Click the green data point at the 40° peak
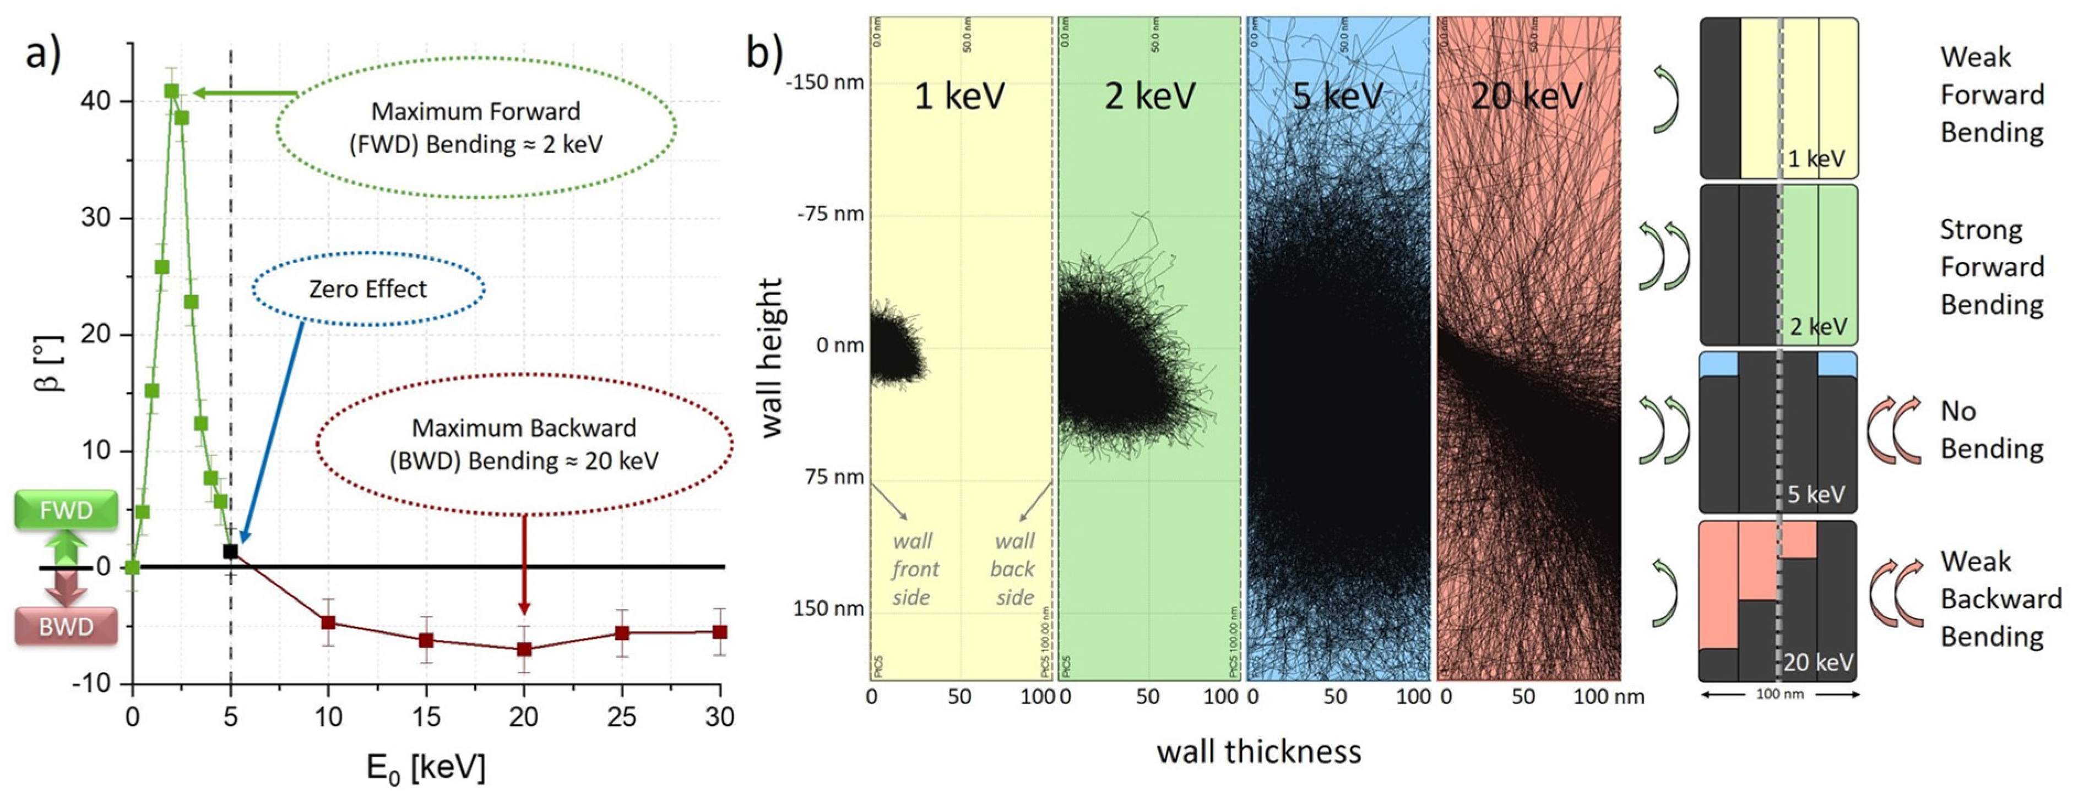(x=171, y=91)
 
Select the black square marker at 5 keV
(x=230, y=552)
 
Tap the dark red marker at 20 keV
(x=524, y=649)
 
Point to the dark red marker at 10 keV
(x=328, y=622)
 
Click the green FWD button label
(x=66, y=510)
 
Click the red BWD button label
(x=66, y=627)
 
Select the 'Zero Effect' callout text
(x=368, y=289)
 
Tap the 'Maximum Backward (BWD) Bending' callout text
(x=524, y=444)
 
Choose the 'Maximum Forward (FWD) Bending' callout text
(x=476, y=127)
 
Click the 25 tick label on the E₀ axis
(x=621, y=716)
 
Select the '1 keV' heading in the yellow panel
(x=959, y=96)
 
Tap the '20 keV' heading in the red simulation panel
(x=1527, y=96)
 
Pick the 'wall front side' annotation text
(x=913, y=569)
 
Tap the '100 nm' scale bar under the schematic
(x=1779, y=694)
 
